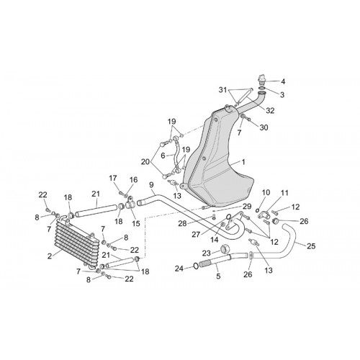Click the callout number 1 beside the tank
(x=243, y=162)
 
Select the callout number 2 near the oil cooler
(x=50, y=256)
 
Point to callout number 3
(x=282, y=95)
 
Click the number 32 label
(x=270, y=111)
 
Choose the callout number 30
(x=264, y=127)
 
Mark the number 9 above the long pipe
(x=151, y=185)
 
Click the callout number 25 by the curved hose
(x=311, y=246)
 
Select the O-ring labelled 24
(x=196, y=266)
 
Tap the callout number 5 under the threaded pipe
(x=218, y=276)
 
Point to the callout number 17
(x=113, y=179)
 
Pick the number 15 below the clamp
(x=136, y=223)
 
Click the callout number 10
(x=266, y=192)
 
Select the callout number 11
(x=284, y=193)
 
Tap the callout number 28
(x=182, y=224)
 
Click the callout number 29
(x=247, y=207)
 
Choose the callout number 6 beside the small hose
(x=163, y=156)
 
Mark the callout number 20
(x=145, y=162)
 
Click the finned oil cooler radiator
(x=77, y=243)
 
